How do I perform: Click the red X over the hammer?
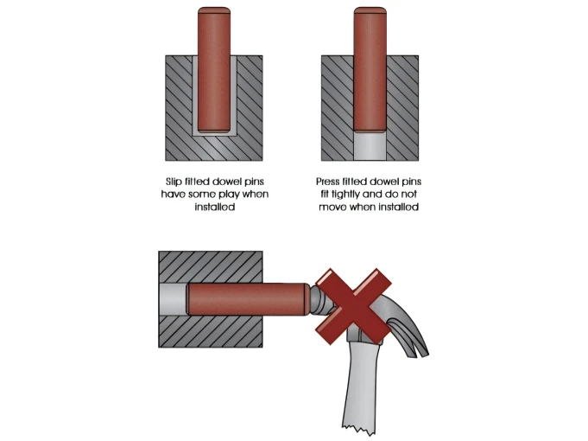(353, 306)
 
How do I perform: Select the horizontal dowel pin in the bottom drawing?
(249, 299)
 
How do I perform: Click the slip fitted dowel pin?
(214, 70)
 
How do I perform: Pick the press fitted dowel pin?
(370, 69)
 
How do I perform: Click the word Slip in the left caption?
(174, 182)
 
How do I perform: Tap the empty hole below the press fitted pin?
(370, 146)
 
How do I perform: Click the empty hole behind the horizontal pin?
(173, 299)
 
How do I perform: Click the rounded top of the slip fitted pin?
(214, 10)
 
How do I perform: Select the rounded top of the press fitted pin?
(370, 10)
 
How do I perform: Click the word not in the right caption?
(408, 195)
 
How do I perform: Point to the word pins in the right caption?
(412, 182)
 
